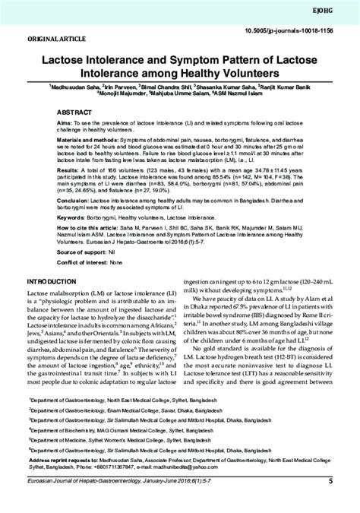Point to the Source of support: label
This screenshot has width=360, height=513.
click(x=83, y=271)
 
